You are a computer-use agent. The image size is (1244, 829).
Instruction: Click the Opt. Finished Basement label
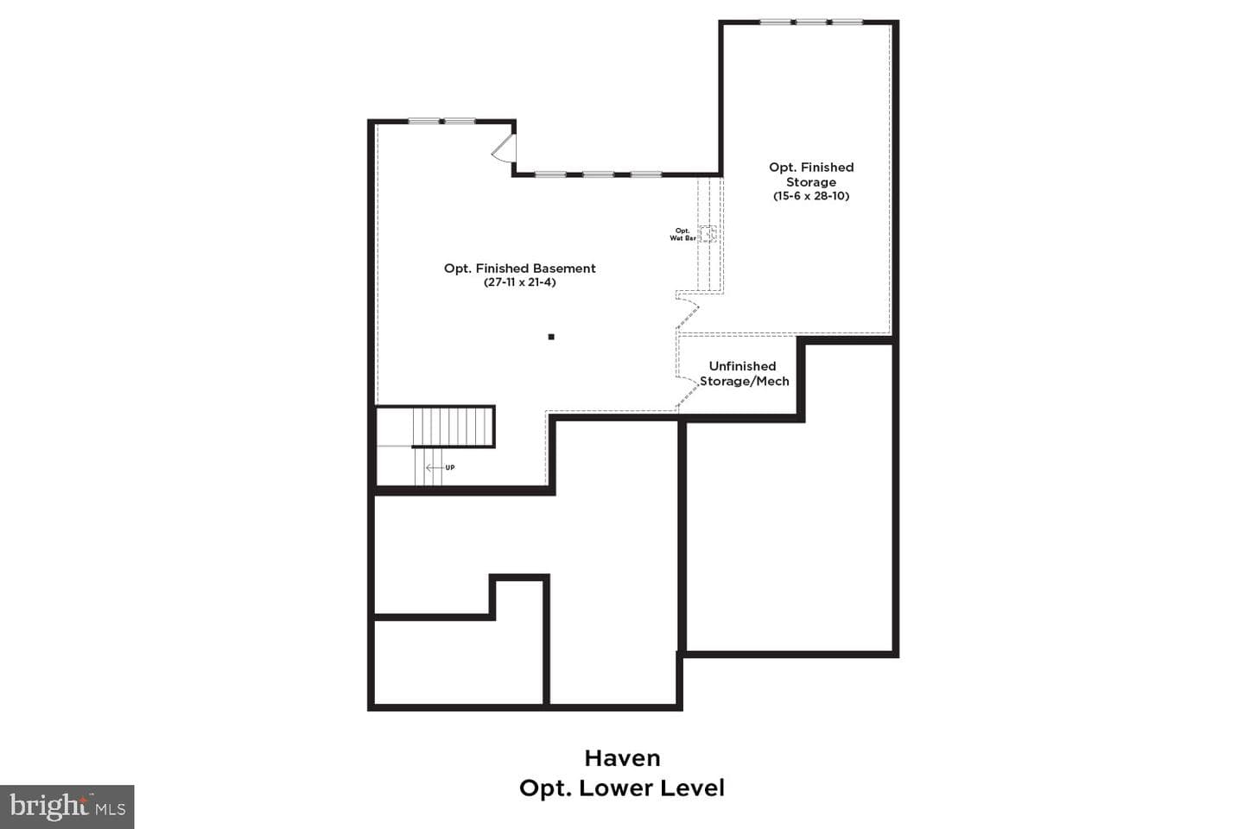point(519,269)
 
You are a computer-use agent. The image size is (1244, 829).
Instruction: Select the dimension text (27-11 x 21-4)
point(519,282)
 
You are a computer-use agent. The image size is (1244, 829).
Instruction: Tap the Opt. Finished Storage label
point(811,174)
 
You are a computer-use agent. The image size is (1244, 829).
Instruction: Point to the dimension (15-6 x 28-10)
point(811,195)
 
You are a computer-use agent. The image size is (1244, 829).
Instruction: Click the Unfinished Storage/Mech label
point(744,374)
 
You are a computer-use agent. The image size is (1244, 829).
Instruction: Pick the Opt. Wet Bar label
point(682,234)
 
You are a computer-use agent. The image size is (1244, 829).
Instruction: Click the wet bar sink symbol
point(707,234)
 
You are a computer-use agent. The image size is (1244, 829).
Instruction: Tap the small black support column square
point(551,337)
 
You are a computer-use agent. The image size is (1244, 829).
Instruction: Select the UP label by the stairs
point(450,467)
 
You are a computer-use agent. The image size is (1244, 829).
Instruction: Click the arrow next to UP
point(434,467)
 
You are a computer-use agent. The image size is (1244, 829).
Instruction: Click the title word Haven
point(622,758)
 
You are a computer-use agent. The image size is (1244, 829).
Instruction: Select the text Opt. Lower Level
point(622,788)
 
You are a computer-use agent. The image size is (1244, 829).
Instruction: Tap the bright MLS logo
point(67,807)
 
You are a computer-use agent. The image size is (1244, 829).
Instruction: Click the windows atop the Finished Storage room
point(811,22)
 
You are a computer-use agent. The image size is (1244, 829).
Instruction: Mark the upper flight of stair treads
point(453,426)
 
